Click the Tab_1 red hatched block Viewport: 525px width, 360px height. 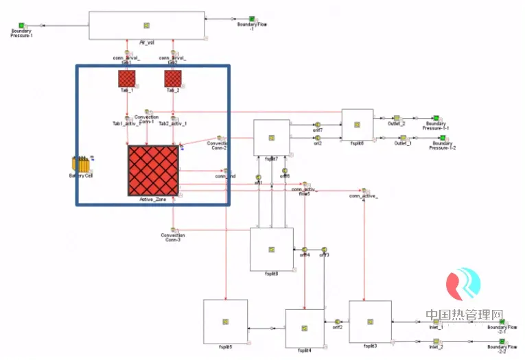tap(126, 79)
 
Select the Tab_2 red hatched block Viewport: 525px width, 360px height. tap(172, 79)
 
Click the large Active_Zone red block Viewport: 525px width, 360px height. tap(153, 169)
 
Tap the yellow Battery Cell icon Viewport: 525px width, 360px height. tap(81, 165)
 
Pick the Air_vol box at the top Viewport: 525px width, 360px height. tap(148, 25)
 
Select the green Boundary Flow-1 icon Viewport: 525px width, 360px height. tap(252, 19)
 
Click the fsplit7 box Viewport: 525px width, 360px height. tap(272, 138)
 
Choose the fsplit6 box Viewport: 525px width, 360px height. tap(358, 125)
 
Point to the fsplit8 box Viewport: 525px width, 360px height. tap(271, 249)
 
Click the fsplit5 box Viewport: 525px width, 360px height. tap(225, 322)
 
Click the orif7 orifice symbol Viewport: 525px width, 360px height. tap(318, 125)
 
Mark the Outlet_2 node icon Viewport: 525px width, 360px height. tap(397, 118)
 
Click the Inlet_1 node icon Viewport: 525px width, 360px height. tap(436, 321)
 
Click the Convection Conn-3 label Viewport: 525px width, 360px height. tap(173, 237)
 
